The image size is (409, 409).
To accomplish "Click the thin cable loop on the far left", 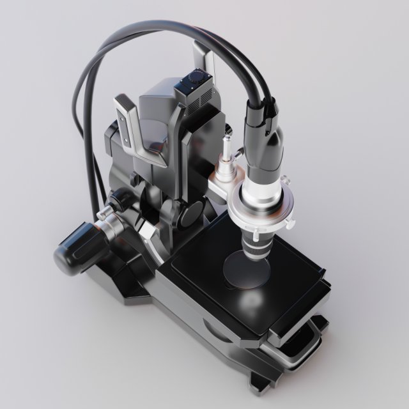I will click(81, 121).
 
